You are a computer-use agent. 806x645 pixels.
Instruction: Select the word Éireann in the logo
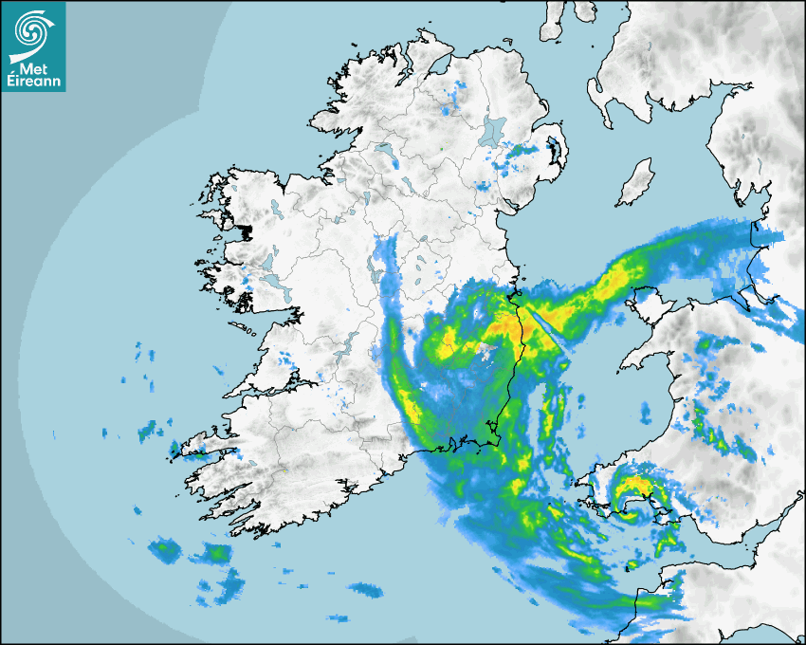(x=33, y=83)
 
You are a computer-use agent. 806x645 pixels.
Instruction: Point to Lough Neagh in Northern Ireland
(x=494, y=130)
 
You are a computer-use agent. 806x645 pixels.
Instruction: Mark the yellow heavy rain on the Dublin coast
(x=506, y=326)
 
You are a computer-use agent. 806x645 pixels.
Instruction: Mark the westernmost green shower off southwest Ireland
(x=167, y=547)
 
